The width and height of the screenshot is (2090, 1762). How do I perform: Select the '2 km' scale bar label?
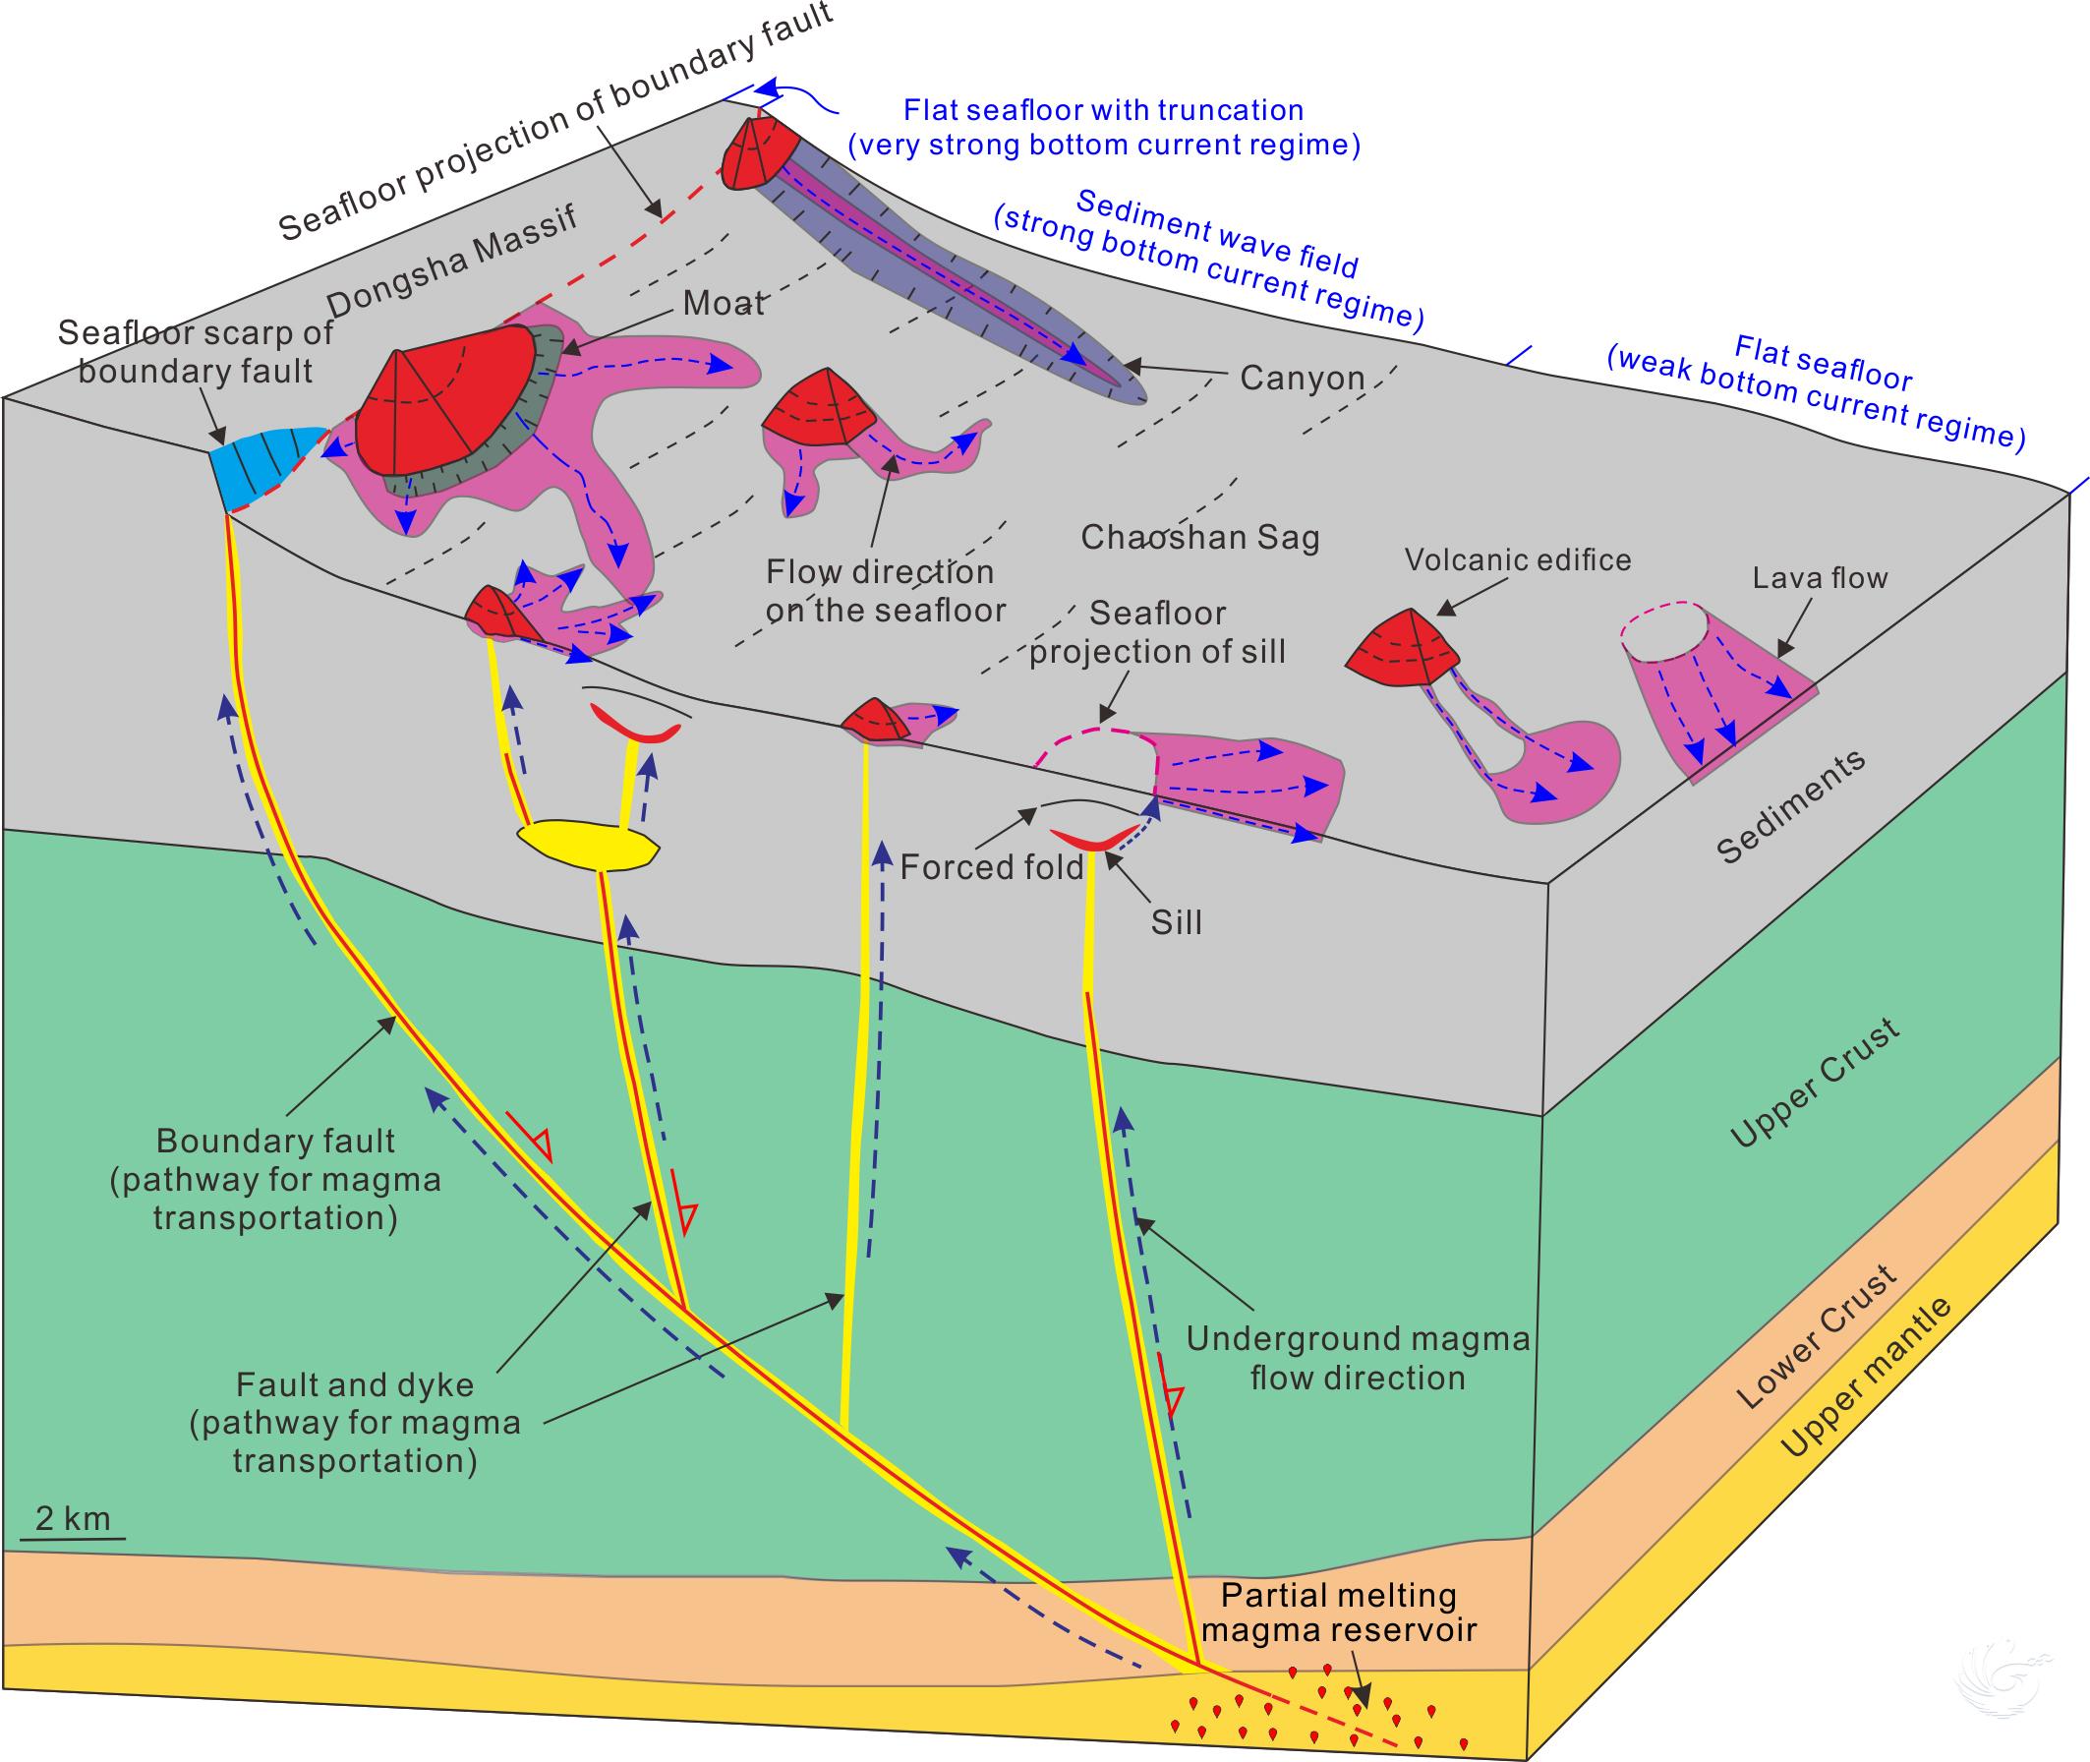72,1519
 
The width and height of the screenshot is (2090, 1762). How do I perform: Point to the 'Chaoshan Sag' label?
1200,539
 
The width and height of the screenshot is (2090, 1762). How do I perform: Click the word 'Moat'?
724,303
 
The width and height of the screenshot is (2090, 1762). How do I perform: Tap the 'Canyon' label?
1303,378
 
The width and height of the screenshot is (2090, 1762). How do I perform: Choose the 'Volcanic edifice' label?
1518,560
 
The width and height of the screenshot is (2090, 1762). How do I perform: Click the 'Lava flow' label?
1820,578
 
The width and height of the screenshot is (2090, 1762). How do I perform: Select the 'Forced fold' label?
992,867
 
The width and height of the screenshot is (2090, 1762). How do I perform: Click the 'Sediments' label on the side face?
1790,807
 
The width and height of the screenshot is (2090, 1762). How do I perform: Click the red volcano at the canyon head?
757,155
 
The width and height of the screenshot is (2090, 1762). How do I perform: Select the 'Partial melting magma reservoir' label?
1338,1614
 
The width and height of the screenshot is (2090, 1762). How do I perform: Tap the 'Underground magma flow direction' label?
1357,1359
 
